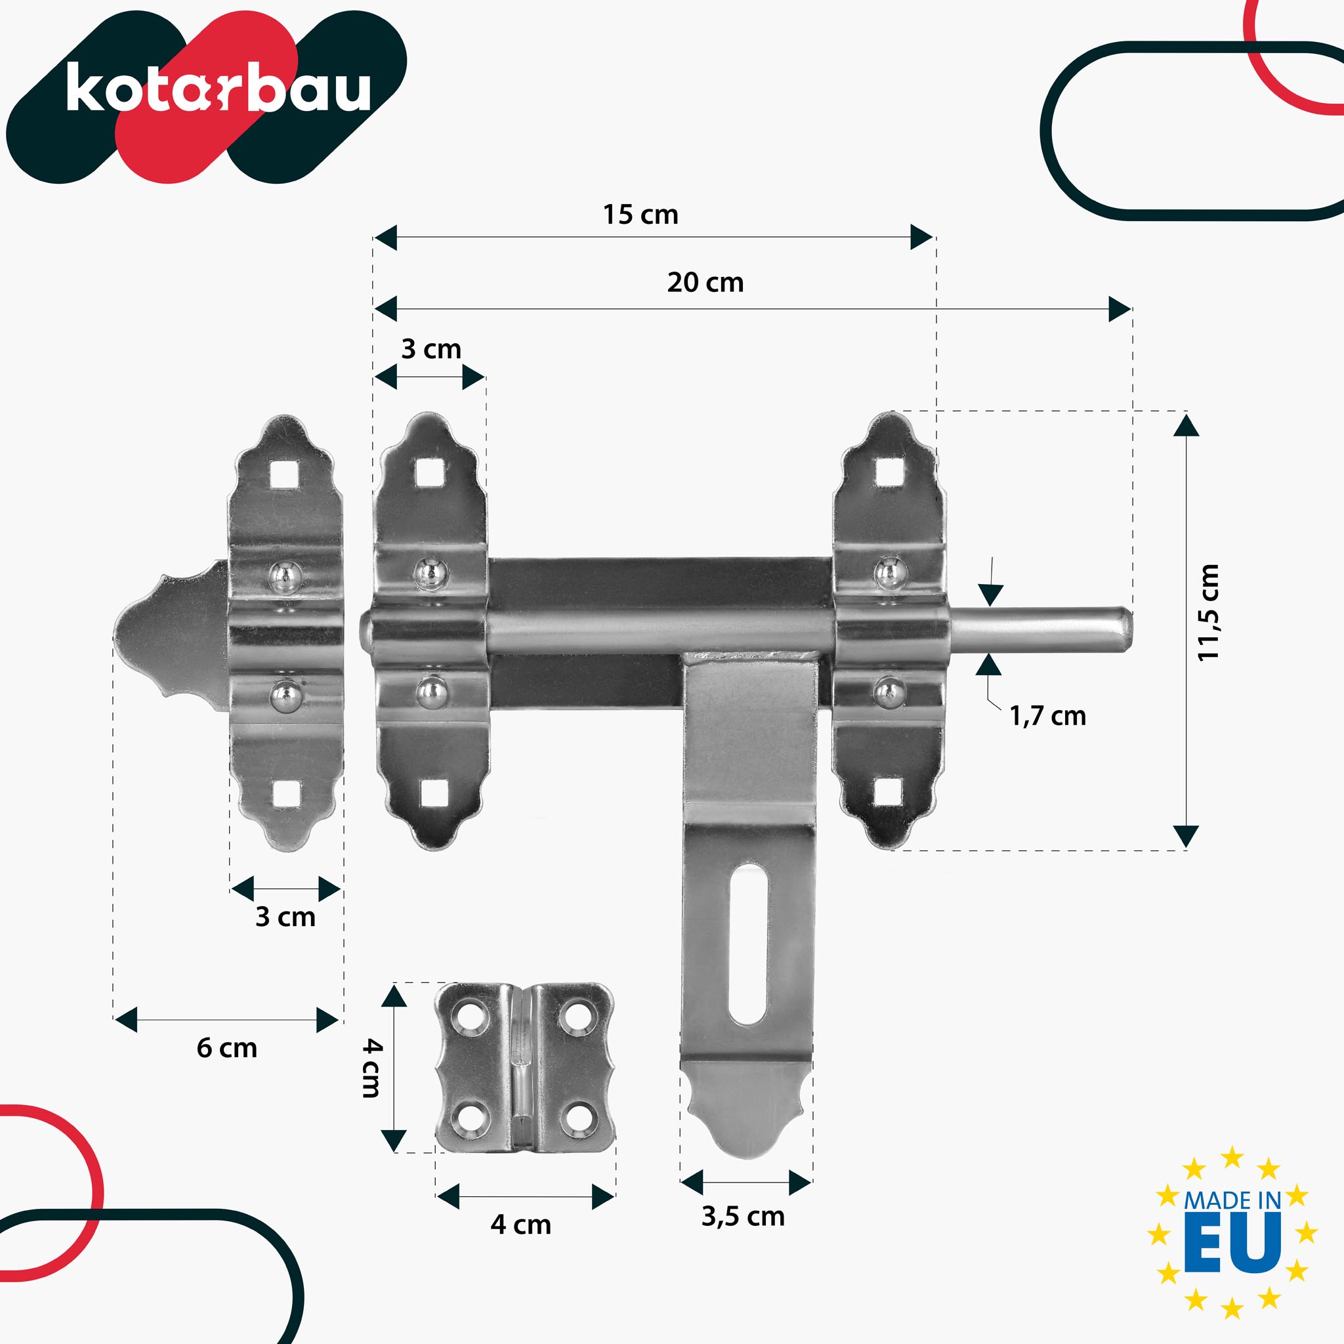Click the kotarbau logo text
218,89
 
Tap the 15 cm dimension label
640,215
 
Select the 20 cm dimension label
705,282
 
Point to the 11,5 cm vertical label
1208,612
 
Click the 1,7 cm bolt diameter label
1047,716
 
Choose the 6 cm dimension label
227,1048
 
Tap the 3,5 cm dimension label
742,1217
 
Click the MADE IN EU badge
1232,1232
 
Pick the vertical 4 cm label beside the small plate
372,1068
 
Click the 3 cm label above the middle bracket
430,349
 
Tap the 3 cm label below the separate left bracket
285,917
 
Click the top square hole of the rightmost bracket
889,473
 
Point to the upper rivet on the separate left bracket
285,576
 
